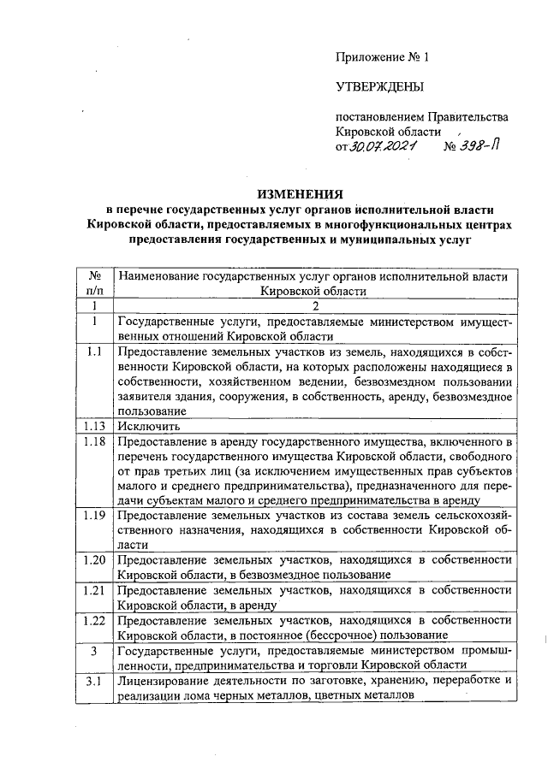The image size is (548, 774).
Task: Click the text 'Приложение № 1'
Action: coord(381,57)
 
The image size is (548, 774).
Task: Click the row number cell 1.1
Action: coord(94,352)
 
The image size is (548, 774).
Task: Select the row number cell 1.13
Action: coord(94,425)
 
